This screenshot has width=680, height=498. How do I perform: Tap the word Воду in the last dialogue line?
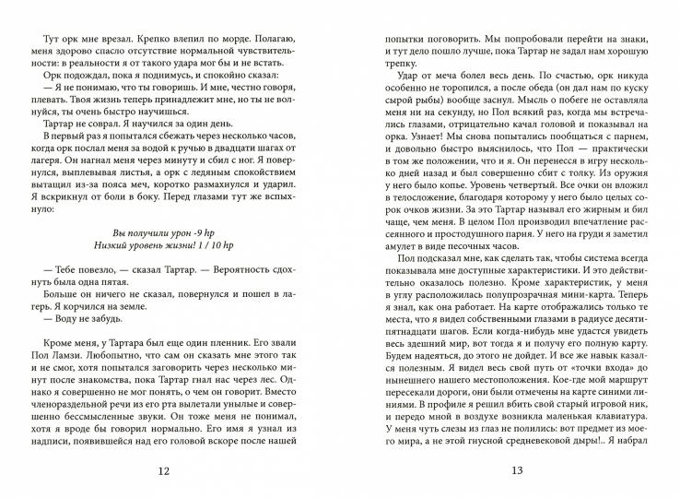(57, 336)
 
